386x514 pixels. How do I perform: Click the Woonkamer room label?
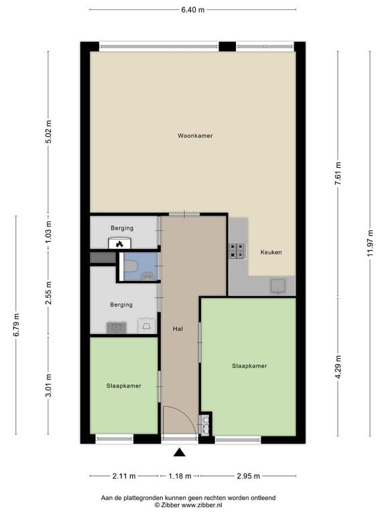tap(195, 136)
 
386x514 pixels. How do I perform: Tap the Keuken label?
tap(271, 252)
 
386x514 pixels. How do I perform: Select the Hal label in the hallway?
tap(178, 329)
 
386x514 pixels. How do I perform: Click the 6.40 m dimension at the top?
tap(192, 10)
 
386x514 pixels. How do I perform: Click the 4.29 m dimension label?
tap(338, 368)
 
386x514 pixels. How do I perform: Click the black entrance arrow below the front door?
tap(180, 452)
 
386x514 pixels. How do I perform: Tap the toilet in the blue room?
tap(131, 267)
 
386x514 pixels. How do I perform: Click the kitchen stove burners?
tap(237, 250)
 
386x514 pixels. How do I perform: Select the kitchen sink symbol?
tap(278, 286)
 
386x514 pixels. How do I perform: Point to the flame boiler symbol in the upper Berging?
tap(119, 244)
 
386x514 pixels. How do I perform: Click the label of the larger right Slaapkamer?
tap(249, 366)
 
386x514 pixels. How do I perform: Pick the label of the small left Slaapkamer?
tap(123, 385)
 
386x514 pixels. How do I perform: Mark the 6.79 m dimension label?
tap(17, 326)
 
